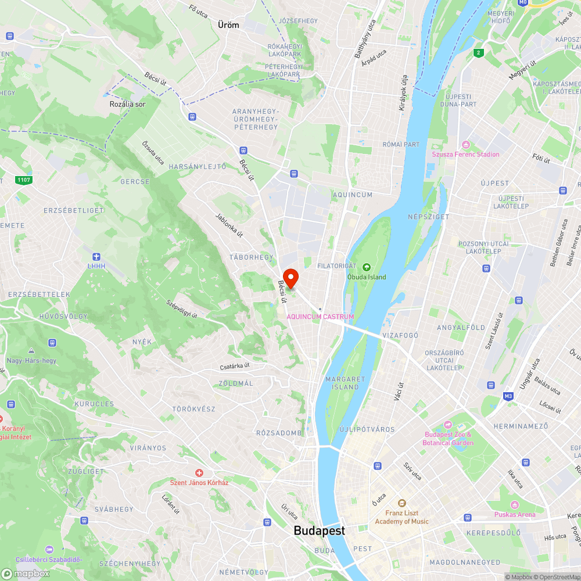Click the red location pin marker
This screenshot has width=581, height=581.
coord(290,278)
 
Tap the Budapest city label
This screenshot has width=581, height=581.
coord(319,530)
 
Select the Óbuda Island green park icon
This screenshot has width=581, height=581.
coord(366,267)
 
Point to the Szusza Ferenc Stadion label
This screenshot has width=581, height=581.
coord(465,154)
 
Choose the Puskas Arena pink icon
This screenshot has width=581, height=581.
coord(514,504)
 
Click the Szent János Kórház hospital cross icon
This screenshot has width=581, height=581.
coord(199,474)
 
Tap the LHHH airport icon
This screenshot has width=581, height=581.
coord(96,257)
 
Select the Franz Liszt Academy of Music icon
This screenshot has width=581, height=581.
coord(401,503)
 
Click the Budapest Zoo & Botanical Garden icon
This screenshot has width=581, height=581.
coord(447,425)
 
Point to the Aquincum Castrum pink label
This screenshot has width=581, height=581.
coord(320,316)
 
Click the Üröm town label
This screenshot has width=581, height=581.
coord(228,25)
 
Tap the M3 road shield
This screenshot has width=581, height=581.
coord(508,396)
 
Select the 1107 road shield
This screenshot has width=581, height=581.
coord(24,180)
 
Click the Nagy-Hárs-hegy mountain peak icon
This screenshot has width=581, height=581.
coord(30,351)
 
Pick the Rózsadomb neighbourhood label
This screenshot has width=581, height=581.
coord(279,433)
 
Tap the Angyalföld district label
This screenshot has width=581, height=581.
coord(461,328)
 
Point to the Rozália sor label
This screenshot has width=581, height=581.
coord(127,104)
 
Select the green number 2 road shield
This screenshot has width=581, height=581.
coord(478,53)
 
